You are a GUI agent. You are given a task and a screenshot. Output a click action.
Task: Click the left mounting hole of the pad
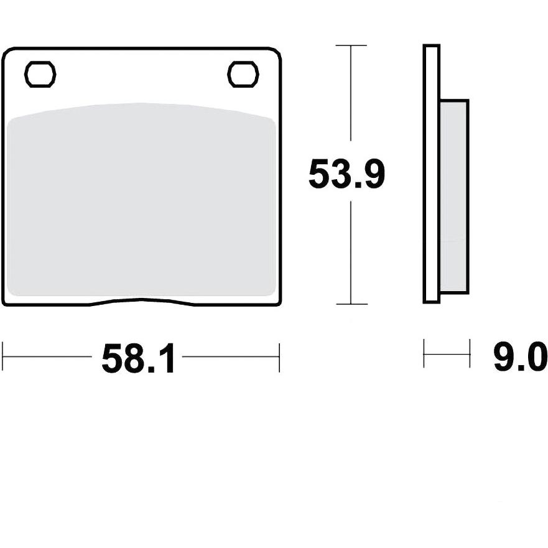[x=40, y=74]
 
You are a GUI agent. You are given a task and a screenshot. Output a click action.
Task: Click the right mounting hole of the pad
[x=243, y=74]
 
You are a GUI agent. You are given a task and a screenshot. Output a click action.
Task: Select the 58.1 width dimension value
[x=138, y=358]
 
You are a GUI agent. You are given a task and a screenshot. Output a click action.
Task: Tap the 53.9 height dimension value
[x=346, y=174]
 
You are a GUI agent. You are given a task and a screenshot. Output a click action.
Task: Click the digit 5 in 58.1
[x=112, y=358]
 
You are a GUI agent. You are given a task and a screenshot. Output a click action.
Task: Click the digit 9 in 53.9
[x=373, y=174]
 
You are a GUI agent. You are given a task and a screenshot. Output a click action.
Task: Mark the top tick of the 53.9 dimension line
[x=351, y=45]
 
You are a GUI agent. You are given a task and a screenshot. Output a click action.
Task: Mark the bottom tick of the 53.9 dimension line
[x=351, y=304]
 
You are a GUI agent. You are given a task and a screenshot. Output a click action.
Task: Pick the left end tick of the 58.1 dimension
[x=2, y=357]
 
